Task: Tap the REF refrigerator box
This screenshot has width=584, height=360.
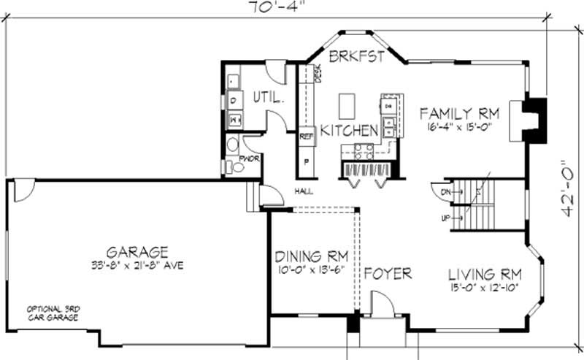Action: tap(306, 136)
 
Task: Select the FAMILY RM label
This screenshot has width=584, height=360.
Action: tap(459, 113)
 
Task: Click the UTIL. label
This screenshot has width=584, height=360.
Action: tap(268, 96)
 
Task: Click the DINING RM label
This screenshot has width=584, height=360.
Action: tap(311, 256)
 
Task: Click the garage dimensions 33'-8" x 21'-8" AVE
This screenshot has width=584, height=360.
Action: tap(137, 264)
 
